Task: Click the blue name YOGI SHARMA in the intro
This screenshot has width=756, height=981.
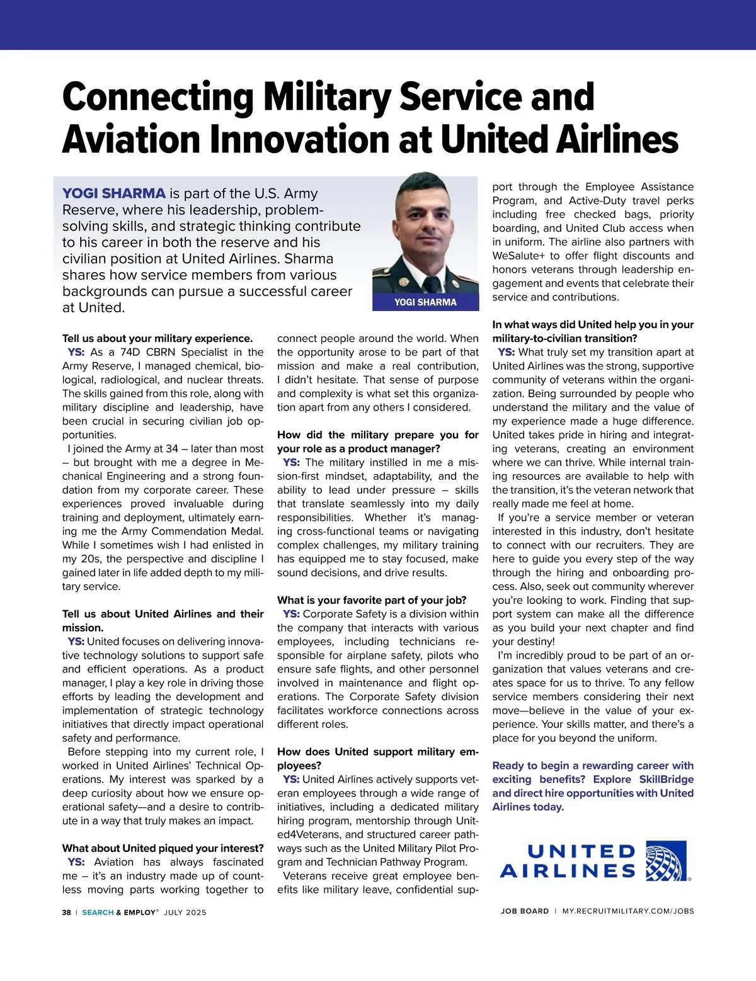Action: point(113,193)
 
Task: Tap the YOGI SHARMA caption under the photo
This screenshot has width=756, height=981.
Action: point(425,302)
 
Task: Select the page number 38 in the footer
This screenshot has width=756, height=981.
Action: point(66,912)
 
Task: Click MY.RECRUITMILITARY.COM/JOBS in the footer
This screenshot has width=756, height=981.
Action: point(628,911)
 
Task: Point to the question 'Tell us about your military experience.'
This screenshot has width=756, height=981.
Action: point(157,338)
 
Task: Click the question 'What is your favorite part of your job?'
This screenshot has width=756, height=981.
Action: point(372,600)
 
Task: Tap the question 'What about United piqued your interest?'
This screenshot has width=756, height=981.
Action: point(163,848)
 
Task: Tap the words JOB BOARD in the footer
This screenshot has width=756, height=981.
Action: point(525,911)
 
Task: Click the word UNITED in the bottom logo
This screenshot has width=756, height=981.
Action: point(581,852)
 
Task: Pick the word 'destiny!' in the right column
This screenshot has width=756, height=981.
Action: point(524,642)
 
